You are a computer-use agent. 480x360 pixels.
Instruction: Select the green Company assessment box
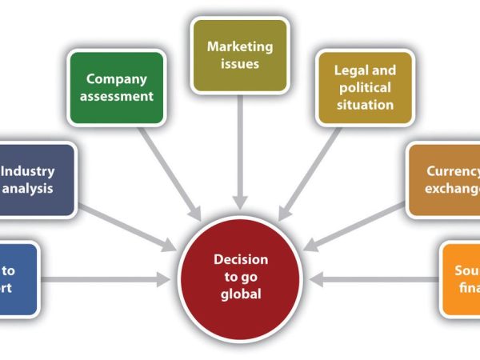point(117,88)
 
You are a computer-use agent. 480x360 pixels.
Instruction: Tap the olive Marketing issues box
point(239,55)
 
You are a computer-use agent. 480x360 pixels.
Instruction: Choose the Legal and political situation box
point(364,88)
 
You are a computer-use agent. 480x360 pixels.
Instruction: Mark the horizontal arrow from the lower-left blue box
point(104,279)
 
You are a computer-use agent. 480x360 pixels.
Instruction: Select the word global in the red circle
point(241,294)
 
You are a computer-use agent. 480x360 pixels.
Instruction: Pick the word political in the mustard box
point(364,87)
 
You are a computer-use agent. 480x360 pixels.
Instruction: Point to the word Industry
point(29,170)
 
